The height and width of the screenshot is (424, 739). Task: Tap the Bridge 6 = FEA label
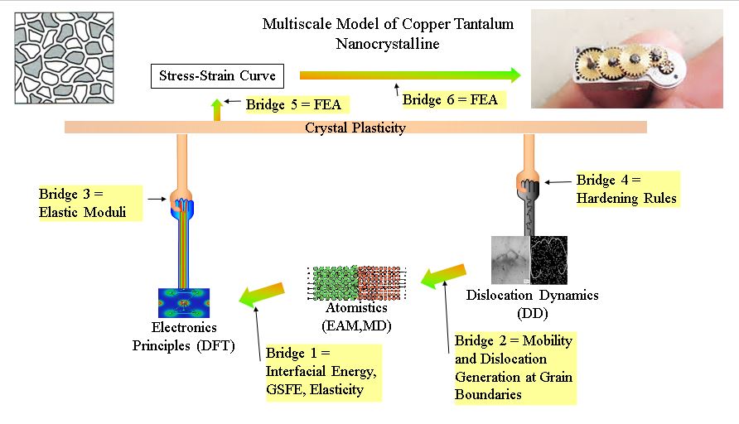coord(451,100)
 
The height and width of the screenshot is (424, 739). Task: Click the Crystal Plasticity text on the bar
coord(355,128)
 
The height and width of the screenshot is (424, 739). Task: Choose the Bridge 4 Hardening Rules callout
coord(626,190)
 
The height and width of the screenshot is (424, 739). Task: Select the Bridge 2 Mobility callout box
coord(514,368)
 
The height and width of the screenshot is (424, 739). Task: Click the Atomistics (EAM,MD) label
coord(357,318)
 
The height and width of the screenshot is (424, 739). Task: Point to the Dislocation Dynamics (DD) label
coord(532,304)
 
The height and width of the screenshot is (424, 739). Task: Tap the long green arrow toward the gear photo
coord(409,75)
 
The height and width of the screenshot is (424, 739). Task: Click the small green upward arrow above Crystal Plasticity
coord(217,108)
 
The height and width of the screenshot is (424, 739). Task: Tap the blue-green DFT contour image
coord(184,303)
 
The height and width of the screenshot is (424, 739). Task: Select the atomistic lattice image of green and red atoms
coord(356,282)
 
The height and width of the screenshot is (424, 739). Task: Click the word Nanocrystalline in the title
coord(388,42)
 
